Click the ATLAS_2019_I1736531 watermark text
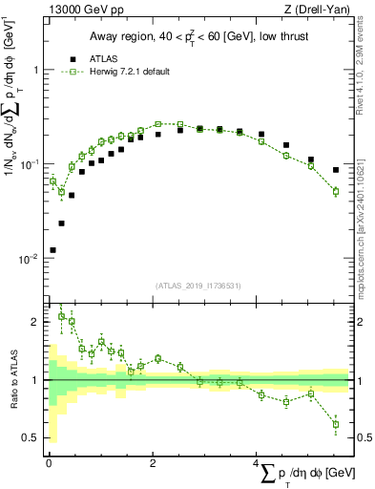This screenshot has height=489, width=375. (x=198, y=286)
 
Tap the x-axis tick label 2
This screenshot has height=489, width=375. (x=153, y=463)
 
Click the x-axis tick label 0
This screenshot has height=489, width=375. (x=49, y=463)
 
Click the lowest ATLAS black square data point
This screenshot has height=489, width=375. (x=52, y=250)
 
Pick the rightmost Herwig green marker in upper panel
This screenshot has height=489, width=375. (x=336, y=191)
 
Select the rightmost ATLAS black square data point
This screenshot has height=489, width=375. (x=336, y=170)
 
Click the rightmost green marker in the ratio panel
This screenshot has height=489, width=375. (x=336, y=425)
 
